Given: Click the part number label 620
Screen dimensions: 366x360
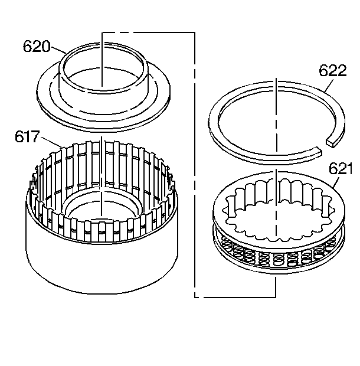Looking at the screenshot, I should pos(37,47).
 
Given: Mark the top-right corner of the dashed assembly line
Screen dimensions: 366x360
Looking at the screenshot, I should pos(194,32).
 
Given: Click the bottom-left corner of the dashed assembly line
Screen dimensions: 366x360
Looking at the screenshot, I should pos(194,295).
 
